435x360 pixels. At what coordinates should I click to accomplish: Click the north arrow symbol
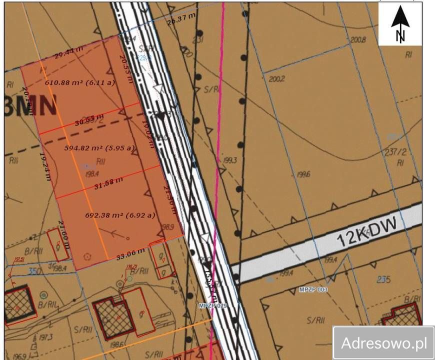pyautogui.click(x=400, y=25)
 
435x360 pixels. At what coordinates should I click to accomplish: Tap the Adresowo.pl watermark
pyautogui.click(x=383, y=343)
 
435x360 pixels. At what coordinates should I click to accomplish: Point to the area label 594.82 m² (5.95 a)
pyautogui.click(x=99, y=148)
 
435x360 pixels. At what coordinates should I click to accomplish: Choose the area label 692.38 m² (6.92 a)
pyautogui.click(x=120, y=215)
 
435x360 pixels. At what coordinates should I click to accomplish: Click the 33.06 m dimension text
pyautogui.click(x=130, y=253)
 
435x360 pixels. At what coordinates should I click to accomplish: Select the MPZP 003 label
pyautogui.click(x=313, y=289)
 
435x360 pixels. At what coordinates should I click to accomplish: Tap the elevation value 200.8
pyautogui.click(x=358, y=39)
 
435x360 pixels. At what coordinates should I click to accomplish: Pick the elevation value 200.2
pyautogui.click(x=276, y=79)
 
